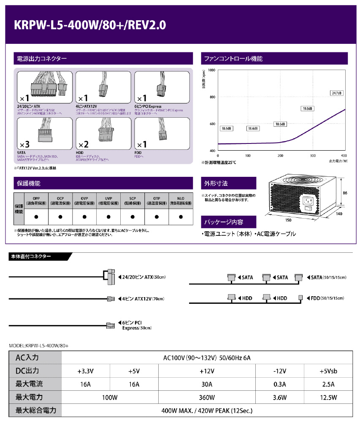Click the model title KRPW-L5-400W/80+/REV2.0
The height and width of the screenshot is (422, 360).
tap(90, 25)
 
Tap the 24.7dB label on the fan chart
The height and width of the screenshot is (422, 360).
tap(336, 93)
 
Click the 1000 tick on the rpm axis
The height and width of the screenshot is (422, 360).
tap(212, 70)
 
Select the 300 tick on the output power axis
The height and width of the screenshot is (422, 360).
tap(313, 155)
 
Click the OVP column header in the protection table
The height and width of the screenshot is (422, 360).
tap(84, 200)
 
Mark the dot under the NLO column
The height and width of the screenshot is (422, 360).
tap(181, 217)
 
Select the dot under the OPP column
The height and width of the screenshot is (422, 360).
tap(36, 217)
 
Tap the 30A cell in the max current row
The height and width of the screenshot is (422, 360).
tap(206, 384)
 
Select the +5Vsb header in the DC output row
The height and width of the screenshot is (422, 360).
tap(328, 371)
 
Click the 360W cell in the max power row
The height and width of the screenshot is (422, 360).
tap(206, 397)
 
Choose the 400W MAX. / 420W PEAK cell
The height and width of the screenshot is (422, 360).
tap(206, 410)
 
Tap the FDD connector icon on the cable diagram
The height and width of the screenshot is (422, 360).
tap(301, 298)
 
